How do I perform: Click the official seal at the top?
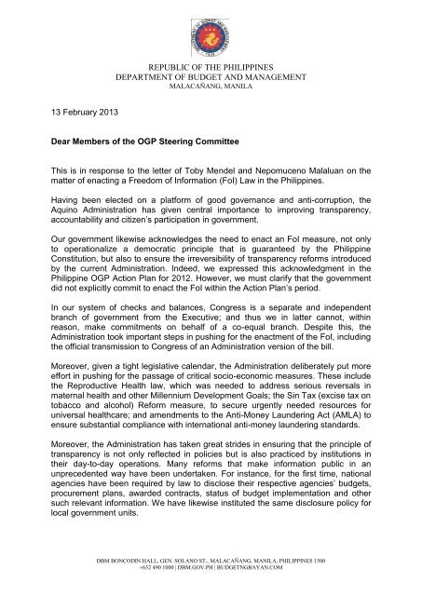211,32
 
